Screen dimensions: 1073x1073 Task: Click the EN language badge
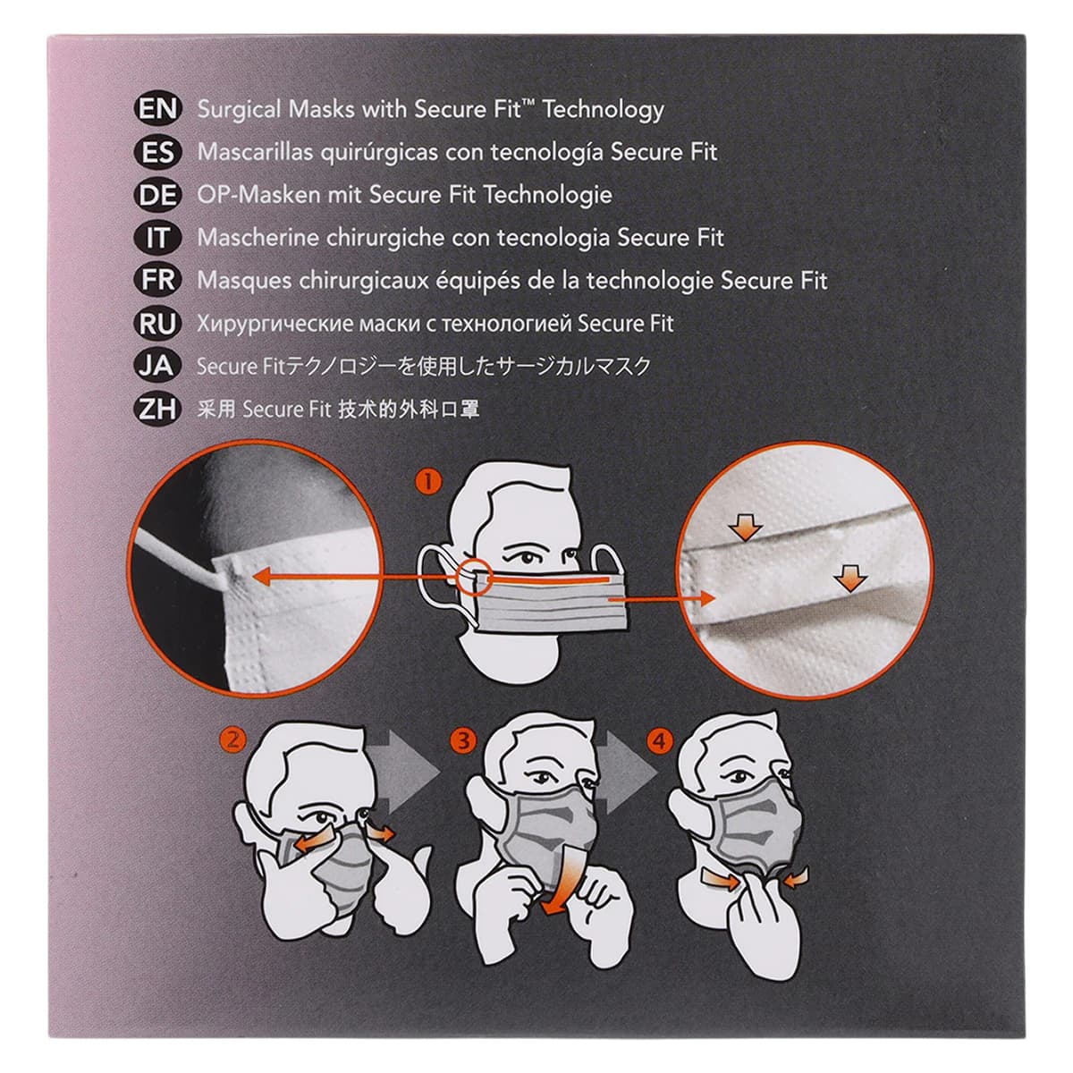(157, 108)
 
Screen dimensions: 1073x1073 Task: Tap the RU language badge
(157, 324)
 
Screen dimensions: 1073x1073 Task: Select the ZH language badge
(157, 410)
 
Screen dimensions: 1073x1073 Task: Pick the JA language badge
(157, 367)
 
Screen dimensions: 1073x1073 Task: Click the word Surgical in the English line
(240, 110)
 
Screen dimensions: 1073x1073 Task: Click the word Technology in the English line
(604, 110)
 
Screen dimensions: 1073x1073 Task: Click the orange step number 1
(428, 482)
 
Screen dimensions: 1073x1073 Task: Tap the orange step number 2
(232, 740)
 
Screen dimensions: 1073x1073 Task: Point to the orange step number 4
(660, 741)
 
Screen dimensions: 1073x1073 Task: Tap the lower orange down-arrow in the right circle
(850, 579)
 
